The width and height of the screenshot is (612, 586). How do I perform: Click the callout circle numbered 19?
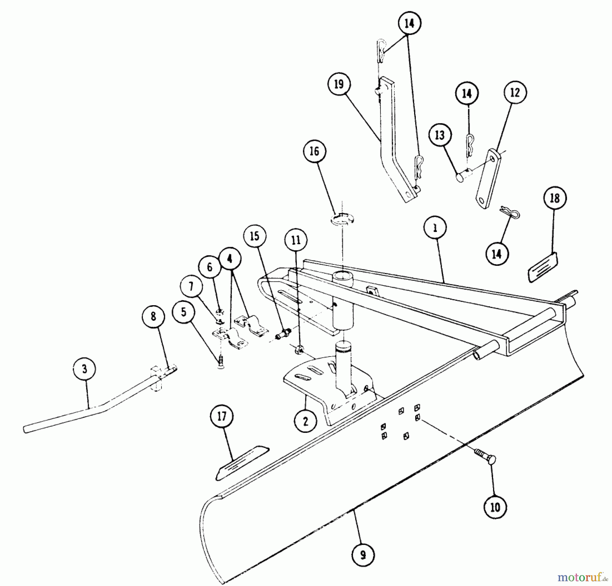coord(339,84)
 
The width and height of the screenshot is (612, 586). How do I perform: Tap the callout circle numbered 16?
coord(314,151)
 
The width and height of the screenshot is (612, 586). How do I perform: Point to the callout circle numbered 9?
coord(363,555)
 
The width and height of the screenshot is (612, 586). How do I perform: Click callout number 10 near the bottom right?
coord(495,507)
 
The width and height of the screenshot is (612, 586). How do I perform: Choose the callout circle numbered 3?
coord(85,369)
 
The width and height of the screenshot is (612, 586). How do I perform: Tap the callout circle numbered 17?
coord(222,417)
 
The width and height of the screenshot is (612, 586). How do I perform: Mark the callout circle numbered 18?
coord(555,198)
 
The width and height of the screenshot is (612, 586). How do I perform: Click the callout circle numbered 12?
coord(515,92)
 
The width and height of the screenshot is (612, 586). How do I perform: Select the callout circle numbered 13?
coord(440,135)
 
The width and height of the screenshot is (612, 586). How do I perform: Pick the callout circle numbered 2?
coord(305,421)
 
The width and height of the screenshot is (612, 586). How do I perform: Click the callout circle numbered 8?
coord(153,316)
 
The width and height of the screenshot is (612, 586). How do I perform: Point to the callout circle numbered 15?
coord(255,236)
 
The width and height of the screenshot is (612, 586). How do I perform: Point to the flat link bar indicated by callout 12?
coord(488,178)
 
